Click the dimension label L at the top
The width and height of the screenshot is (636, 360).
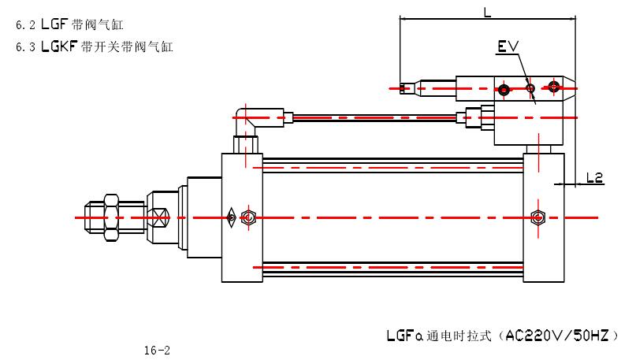point(487,12)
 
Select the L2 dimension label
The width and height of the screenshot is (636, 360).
point(595,178)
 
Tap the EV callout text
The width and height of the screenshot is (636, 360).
point(508,47)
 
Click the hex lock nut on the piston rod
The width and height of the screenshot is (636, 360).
point(110,216)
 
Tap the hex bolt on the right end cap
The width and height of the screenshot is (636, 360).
point(538,217)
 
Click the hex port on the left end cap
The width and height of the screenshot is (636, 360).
point(249,217)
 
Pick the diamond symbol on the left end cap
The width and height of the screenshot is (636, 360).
point(232,217)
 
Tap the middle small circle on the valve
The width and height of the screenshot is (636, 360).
point(531,87)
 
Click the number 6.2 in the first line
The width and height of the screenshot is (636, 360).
point(24,25)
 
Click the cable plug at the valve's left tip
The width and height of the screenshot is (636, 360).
point(408,88)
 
